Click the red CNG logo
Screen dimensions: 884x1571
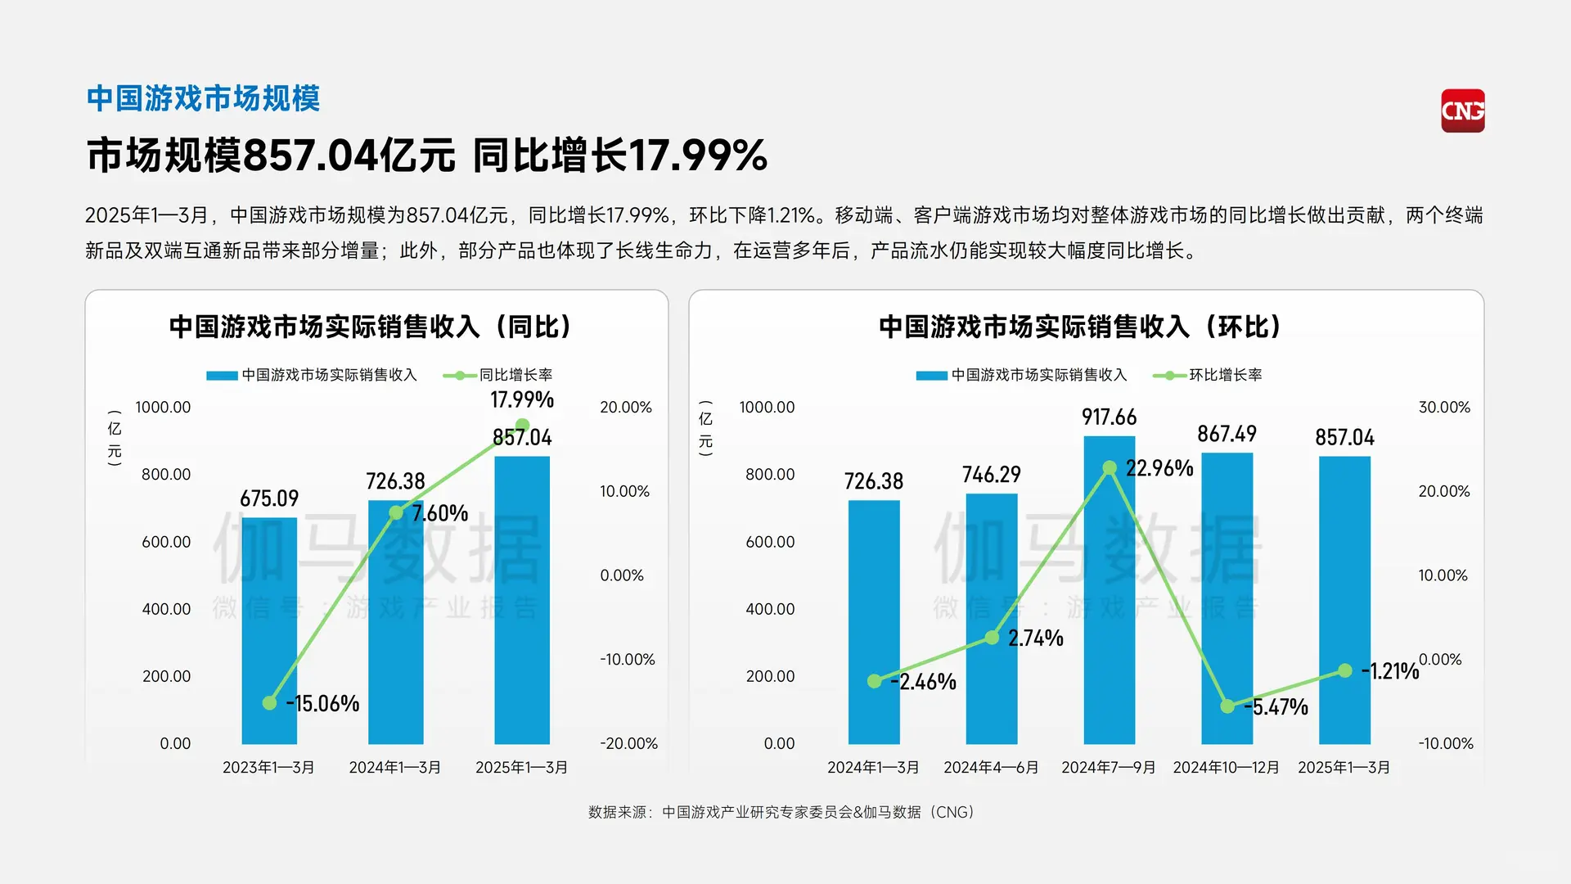[1462, 110]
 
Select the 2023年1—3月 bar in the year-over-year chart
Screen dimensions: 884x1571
[269, 630]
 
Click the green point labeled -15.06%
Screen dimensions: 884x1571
[269, 703]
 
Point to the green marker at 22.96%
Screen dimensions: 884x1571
[1110, 468]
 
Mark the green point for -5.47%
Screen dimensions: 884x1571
[1227, 706]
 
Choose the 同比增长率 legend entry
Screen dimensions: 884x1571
[498, 375]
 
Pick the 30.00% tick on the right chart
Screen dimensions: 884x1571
[1444, 407]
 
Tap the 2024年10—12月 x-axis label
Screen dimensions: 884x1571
[1226, 768]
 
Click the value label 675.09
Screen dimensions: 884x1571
[269, 498]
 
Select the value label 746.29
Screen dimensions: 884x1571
[992, 475]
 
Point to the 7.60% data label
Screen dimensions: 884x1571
[440, 513]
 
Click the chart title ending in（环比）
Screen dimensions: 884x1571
[1079, 327]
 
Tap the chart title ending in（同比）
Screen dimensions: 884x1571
[370, 327]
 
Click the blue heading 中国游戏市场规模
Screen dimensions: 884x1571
[203, 98]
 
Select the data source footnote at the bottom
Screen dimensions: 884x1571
[781, 812]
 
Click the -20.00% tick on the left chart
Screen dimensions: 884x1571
[628, 743]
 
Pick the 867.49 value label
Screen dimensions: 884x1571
[1227, 434]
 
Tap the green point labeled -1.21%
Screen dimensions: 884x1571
[1345, 671]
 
